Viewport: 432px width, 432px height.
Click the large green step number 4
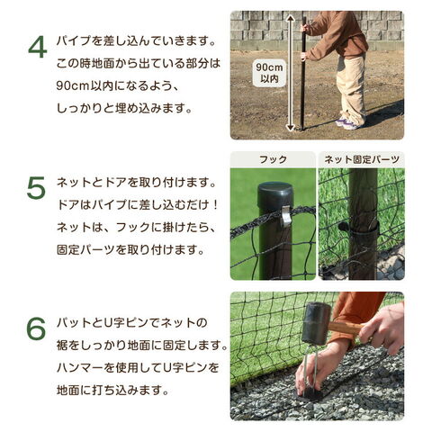[x=38, y=48]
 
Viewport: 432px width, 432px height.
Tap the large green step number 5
[x=36, y=188]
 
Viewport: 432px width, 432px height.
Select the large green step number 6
[x=36, y=328]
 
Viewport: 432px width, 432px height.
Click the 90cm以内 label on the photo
[x=269, y=73]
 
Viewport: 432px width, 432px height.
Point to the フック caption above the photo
[x=273, y=159]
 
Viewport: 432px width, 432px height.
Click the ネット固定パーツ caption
[x=362, y=159]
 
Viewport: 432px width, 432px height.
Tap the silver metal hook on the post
[x=285, y=215]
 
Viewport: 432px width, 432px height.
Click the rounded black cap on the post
[x=275, y=192]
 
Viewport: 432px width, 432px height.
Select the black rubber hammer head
[x=316, y=323]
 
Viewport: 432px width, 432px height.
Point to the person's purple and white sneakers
[x=348, y=123]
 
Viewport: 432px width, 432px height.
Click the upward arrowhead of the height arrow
[x=290, y=20]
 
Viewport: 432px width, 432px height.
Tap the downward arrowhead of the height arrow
[x=290, y=127]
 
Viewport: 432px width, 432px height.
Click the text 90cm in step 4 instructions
[x=71, y=86]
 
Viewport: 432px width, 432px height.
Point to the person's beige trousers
[x=352, y=87]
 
